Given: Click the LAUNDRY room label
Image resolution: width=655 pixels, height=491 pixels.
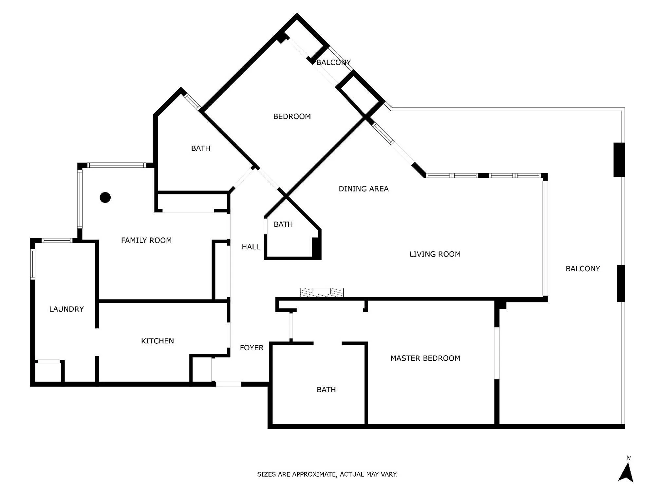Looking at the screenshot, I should click(x=66, y=309).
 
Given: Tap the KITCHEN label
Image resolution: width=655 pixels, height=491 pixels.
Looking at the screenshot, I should click(x=157, y=341).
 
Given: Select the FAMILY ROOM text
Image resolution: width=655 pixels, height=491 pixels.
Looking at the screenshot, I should click(x=146, y=240).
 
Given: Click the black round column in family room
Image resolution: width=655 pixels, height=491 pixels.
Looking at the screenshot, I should click(x=105, y=197).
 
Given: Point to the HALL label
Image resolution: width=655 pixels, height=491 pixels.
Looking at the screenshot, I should click(x=251, y=247).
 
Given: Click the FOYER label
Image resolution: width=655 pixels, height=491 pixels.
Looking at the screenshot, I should click(x=251, y=348).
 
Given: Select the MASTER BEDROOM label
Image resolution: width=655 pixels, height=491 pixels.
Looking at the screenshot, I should click(x=425, y=358).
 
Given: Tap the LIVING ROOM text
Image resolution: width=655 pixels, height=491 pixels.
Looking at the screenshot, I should click(x=435, y=254).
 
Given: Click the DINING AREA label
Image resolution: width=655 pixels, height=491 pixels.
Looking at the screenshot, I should click(x=363, y=189).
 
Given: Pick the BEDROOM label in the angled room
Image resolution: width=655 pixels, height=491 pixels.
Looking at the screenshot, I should click(x=292, y=117).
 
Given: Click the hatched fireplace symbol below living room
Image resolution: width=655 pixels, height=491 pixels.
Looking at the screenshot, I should click(x=322, y=292).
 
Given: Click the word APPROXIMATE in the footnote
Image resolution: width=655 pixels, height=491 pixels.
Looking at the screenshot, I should click(x=314, y=474).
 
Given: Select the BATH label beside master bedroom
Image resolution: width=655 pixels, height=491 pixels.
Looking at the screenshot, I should click(x=326, y=390).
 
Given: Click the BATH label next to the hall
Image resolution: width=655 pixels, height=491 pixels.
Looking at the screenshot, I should click(x=283, y=225).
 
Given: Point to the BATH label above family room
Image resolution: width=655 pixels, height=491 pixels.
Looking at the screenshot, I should click(x=200, y=149).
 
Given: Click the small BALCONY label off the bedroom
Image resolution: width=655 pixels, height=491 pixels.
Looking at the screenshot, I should click(x=333, y=63).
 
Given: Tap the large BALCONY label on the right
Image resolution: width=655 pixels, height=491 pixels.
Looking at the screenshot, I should click(x=582, y=269).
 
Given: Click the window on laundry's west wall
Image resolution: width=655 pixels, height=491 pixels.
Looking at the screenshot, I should click(x=33, y=264).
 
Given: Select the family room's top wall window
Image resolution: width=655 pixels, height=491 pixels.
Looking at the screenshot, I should click(x=116, y=165).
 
